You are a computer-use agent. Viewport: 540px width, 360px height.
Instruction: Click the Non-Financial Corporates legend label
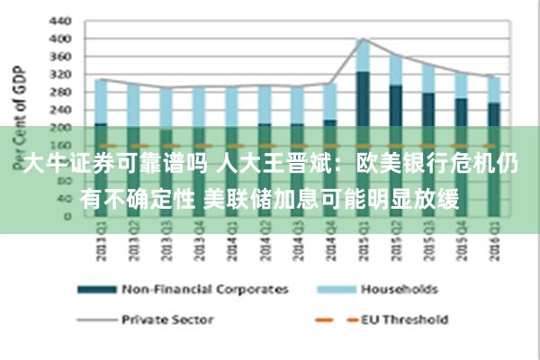click(x=205, y=290)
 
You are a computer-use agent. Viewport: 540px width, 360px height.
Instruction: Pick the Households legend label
click(x=399, y=290)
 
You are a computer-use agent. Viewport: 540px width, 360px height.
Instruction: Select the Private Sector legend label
click(x=168, y=319)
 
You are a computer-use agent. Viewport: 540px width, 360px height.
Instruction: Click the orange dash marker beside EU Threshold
click(x=325, y=319)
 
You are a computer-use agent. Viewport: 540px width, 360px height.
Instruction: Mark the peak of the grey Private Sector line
click(x=363, y=39)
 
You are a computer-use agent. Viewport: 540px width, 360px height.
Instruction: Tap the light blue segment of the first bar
click(x=101, y=101)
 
